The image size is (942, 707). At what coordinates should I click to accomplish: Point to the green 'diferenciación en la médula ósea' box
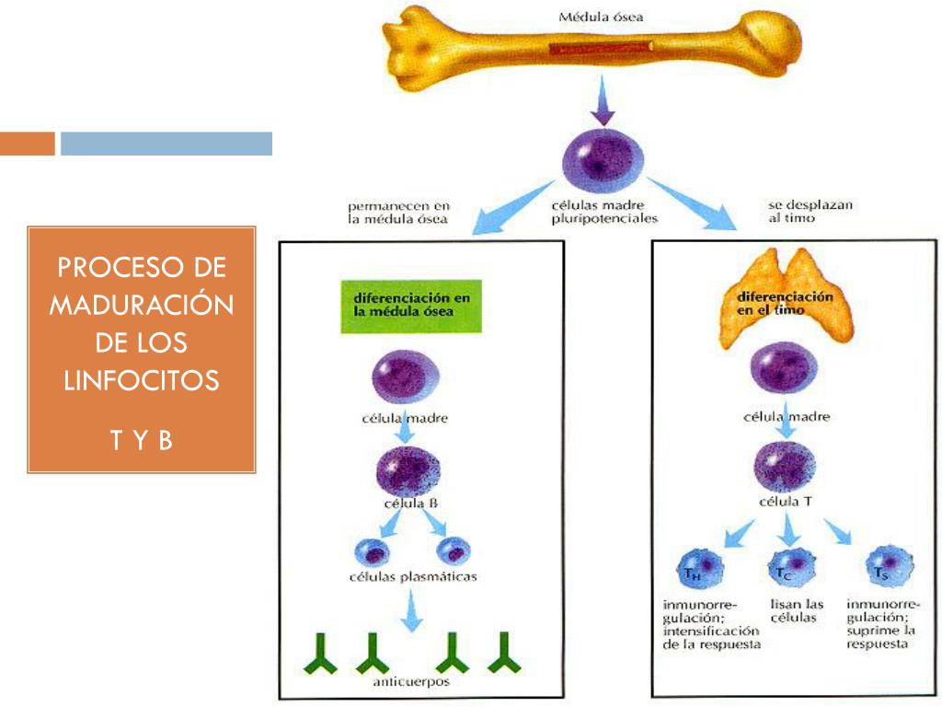[412, 305]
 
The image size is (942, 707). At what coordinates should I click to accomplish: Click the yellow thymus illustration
[786, 295]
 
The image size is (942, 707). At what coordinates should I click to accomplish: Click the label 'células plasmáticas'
[412, 577]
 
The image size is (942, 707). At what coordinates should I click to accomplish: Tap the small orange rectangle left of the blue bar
[27, 144]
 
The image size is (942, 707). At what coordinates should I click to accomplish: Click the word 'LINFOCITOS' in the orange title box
[142, 379]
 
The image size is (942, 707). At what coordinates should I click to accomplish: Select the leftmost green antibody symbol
[321, 655]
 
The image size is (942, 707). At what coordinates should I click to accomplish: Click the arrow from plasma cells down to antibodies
[413, 611]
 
